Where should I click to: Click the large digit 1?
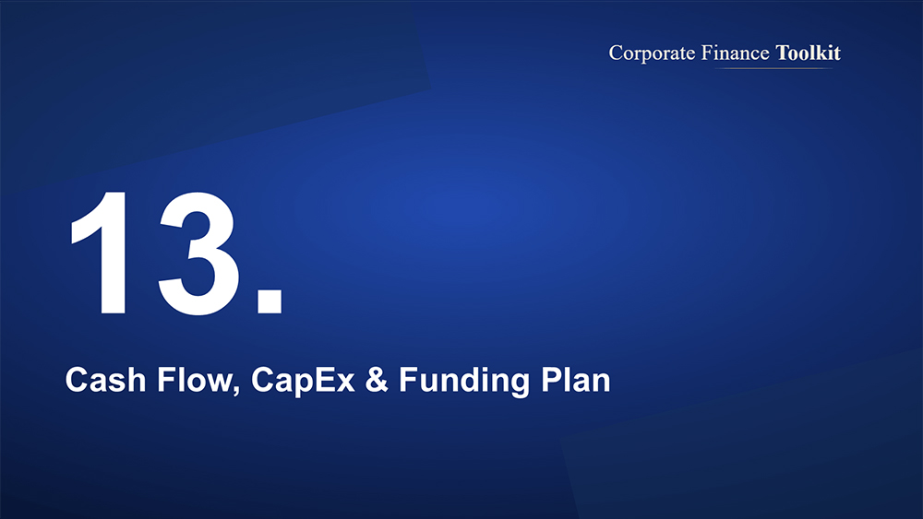coord(103,254)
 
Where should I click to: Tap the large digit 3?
coord(198,254)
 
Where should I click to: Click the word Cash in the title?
coord(105,380)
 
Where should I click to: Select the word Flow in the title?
coord(195,380)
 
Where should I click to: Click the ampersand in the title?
coord(377,380)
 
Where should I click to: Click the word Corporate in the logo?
coord(653,53)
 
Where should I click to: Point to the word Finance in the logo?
coord(736,53)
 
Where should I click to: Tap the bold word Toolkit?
coord(809,53)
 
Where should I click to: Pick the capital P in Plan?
coord(551,380)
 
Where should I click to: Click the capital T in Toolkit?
coord(783,53)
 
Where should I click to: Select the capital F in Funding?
coord(408,380)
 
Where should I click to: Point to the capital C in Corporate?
coord(616,53)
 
